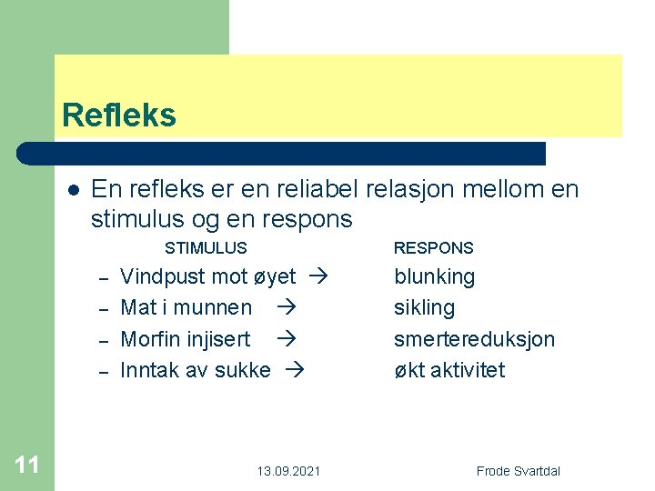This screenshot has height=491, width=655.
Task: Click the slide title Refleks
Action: click(119, 115)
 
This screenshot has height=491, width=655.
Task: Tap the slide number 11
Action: click(27, 466)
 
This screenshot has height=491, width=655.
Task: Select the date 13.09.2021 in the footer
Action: click(287, 471)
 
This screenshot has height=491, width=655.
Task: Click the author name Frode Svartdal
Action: click(519, 471)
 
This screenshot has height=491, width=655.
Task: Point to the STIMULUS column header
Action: click(206, 247)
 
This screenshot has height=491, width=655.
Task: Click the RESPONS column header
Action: click(433, 247)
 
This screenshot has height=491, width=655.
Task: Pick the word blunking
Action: click(434, 276)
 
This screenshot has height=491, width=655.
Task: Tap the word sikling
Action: click(424, 307)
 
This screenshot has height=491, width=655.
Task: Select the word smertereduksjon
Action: click(474, 339)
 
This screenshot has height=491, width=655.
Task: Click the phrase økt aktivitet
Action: click(449, 370)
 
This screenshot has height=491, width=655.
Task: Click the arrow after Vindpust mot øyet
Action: click(318, 276)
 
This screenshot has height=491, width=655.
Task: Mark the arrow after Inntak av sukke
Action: click(294, 370)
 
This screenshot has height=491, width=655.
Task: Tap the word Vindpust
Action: click(163, 276)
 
